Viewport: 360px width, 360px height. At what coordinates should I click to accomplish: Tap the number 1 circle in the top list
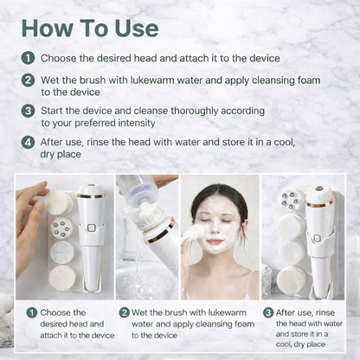29,59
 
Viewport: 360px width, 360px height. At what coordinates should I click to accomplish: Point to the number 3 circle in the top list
29,111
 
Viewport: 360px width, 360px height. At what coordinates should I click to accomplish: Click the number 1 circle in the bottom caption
31,312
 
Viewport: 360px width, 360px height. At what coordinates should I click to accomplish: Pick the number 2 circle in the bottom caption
125,312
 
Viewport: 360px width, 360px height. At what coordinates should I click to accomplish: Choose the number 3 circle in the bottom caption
268,312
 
